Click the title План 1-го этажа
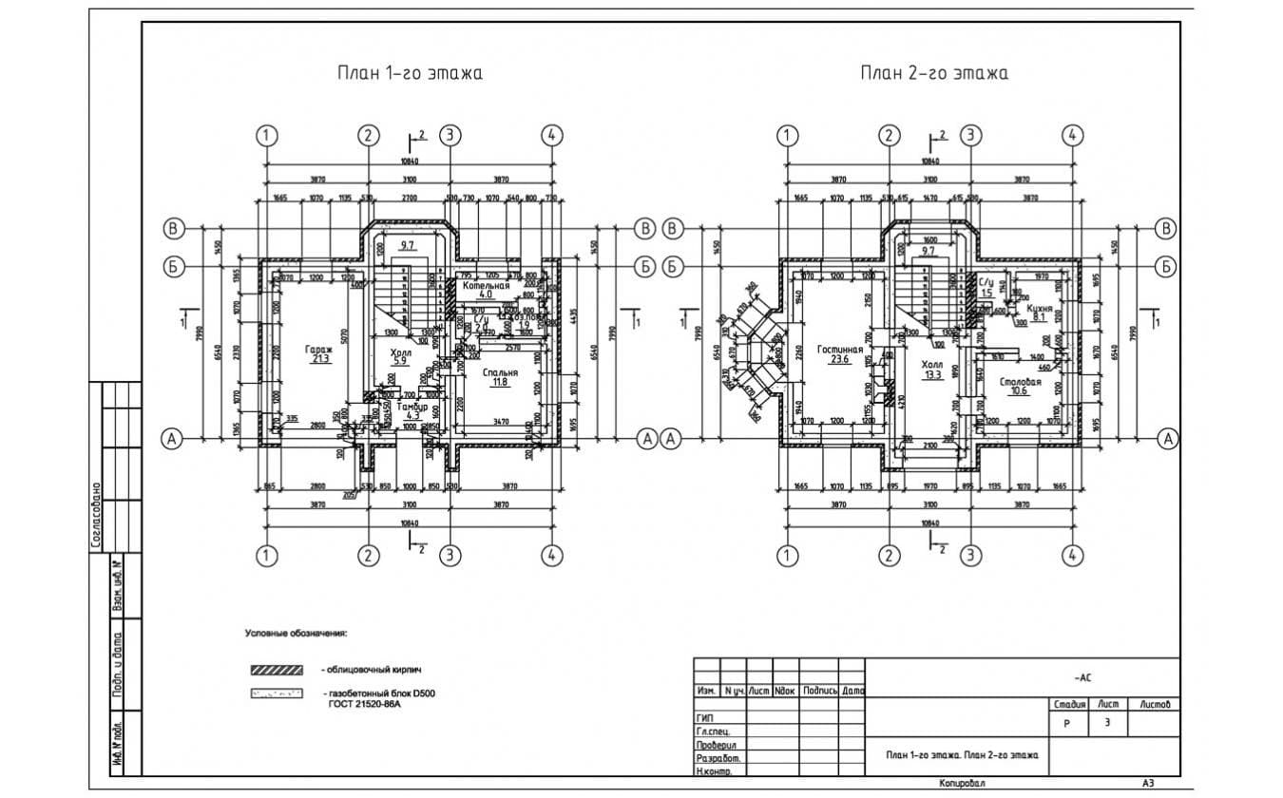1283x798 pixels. click(x=410, y=73)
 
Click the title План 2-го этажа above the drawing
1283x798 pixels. click(x=934, y=73)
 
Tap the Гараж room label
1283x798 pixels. click(x=318, y=350)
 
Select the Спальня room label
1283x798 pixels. click(x=500, y=373)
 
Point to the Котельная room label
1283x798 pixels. click(x=487, y=285)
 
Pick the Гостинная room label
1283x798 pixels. click(x=839, y=350)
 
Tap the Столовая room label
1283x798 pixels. click(x=1020, y=382)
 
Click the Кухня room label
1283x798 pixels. click(x=1040, y=309)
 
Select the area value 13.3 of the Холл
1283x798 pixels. click(x=932, y=374)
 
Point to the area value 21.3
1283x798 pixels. click(x=318, y=359)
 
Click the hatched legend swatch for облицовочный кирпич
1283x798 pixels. click(x=276, y=670)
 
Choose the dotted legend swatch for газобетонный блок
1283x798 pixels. click(x=276, y=693)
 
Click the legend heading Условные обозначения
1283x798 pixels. click(x=297, y=632)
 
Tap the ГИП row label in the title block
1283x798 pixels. click(x=705, y=717)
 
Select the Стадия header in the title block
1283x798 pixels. click(x=1069, y=705)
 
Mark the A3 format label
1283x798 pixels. click(x=1148, y=784)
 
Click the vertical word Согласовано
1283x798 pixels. click(x=97, y=514)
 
